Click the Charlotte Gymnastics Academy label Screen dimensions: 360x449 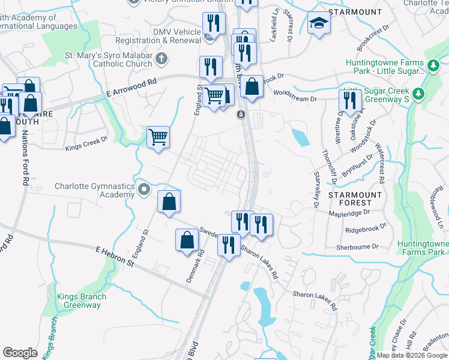click(x=94, y=190)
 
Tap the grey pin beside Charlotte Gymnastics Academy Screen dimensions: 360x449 click(x=144, y=190)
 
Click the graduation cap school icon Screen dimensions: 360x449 click(x=318, y=23)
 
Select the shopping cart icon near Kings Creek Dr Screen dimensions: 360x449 click(x=158, y=137)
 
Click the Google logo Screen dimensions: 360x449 click(x=20, y=353)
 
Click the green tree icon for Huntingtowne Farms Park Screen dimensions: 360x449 click(x=433, y=64)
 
